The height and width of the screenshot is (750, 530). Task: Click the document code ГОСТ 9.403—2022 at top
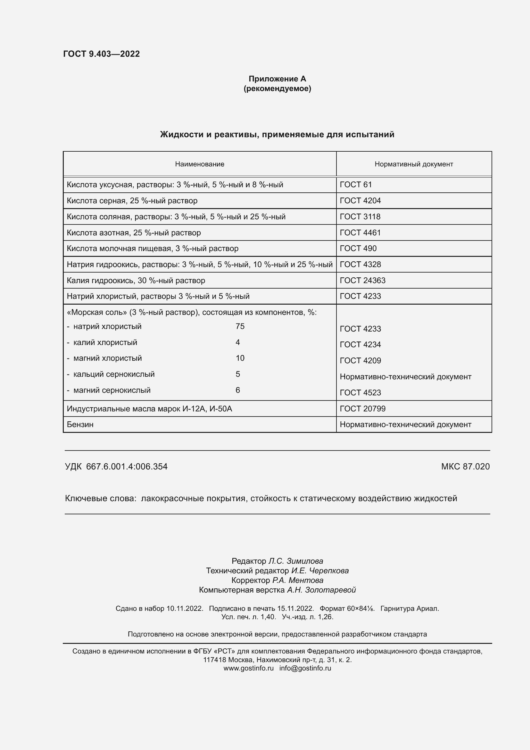[102, 54]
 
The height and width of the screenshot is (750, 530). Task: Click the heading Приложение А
[277, 79]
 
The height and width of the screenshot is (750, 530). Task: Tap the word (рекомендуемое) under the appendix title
[277, 88]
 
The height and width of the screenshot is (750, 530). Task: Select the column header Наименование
[199, 164]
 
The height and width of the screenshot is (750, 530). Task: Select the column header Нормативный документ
[413, 164]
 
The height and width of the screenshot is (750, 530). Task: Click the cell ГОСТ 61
[355, 185]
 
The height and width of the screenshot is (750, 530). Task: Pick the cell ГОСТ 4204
[360, 200]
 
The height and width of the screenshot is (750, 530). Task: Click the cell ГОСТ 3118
[360, 216]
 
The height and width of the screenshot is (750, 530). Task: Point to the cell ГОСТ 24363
[362, 280]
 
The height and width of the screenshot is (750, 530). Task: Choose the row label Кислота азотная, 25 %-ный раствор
[134, 232]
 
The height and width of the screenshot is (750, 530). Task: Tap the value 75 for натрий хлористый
[240, 326]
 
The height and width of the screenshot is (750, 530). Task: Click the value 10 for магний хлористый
[240, 358]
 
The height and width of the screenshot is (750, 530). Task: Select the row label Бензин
[80, 424]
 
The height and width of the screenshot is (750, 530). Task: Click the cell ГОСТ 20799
[362, 409]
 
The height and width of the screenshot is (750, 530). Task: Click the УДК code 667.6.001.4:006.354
[127, 467]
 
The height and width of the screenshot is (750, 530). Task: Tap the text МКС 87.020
[465, 467]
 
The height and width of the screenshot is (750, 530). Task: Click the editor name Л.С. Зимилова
[295, 561]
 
